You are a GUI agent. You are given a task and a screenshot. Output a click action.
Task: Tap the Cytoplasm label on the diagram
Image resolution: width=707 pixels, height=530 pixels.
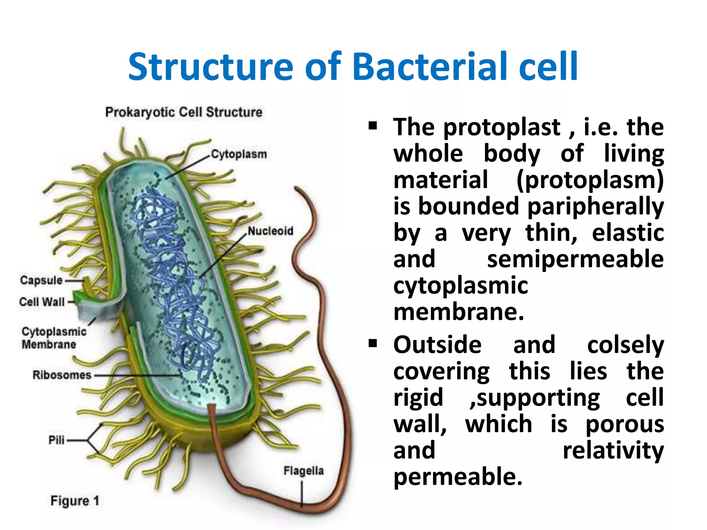pos(239,154)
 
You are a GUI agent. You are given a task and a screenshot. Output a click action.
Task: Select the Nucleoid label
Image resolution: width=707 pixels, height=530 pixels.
pos(270,230)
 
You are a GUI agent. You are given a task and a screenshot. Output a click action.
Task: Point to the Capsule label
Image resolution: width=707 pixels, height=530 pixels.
pos(41,280)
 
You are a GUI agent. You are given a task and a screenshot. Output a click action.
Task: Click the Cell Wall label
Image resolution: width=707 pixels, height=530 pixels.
pos(42,302)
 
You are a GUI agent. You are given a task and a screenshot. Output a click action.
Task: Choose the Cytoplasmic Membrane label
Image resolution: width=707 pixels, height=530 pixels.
pos(54,338)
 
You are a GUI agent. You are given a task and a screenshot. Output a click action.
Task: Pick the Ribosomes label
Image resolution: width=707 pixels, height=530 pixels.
pos(62,375)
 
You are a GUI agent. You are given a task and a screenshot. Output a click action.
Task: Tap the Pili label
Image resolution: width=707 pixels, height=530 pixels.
pos(56,440)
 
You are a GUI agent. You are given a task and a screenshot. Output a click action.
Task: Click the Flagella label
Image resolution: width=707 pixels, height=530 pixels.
pos(303,471)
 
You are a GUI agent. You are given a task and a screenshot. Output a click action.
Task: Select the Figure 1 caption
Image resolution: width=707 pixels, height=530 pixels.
pos(75,501)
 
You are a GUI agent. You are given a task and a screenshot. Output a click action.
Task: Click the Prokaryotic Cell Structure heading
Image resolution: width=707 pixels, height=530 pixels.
pos(184,112)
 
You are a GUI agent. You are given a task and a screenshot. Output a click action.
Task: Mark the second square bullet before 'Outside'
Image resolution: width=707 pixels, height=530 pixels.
pos(372,343)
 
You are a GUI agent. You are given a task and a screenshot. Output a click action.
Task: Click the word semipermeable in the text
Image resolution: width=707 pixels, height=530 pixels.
pos(575,259)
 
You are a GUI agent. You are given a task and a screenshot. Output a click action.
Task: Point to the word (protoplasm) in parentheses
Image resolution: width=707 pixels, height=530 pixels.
pos(590,180)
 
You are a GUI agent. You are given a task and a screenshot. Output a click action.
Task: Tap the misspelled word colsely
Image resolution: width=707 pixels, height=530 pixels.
pos(626,345)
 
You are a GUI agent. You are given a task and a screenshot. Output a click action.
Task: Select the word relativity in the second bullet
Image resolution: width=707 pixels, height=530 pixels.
pos(613,450)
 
